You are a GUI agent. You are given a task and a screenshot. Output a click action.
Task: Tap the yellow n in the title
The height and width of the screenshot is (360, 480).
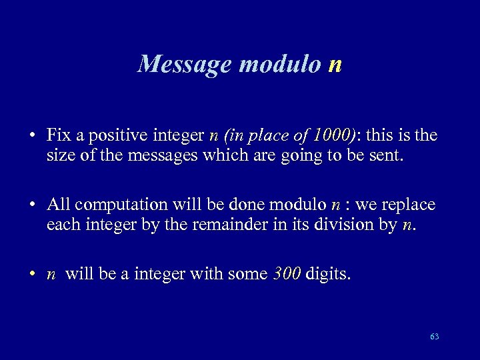coord(335,65)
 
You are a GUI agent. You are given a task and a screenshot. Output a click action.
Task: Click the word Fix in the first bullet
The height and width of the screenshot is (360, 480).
coord(58,135)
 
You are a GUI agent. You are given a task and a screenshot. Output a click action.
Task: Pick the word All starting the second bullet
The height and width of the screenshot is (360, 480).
coord(58,204)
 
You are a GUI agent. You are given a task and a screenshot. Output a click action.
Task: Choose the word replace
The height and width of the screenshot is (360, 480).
coord(407,204)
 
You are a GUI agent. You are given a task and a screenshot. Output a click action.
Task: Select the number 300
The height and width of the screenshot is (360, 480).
coord(287,274)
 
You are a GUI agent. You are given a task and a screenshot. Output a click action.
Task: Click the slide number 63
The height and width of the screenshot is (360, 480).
coord(435,337)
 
